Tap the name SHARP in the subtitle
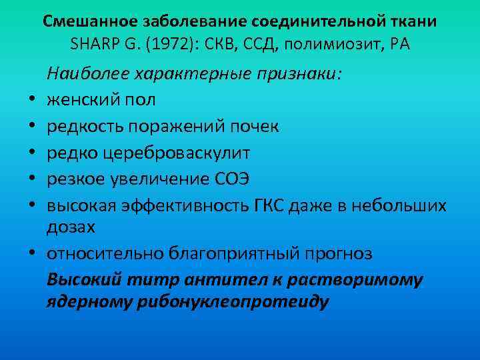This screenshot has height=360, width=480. tap(93, 45)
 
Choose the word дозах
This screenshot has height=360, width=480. tap(71, 226)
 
